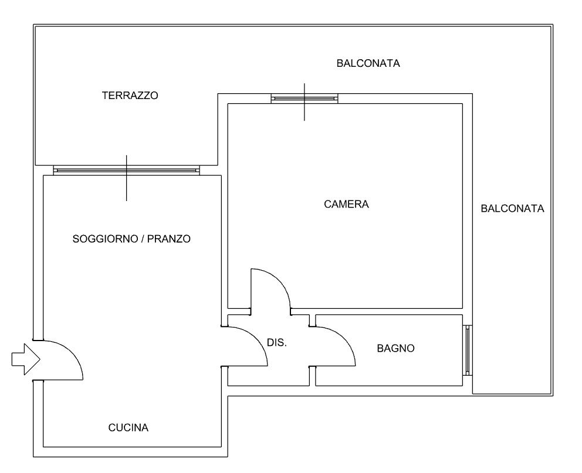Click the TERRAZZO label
pos(130,96)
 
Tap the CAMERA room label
pos(346,204)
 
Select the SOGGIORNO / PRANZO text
pos(131,239)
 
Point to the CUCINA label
pos(128,428)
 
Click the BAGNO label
pos(395,348)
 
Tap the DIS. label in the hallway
pos(277,343)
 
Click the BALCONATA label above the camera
pos(368,63)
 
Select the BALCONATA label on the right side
pos(512,209)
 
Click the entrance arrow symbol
pos(26,359)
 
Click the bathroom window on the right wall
pos(468,351)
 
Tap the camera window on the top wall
pos(304,98)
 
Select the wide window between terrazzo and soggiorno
pos(127,171)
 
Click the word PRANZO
pos(169,239)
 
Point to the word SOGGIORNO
pos(105,239)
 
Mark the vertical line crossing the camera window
pos(304,102)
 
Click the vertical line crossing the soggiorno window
pos(127,178)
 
